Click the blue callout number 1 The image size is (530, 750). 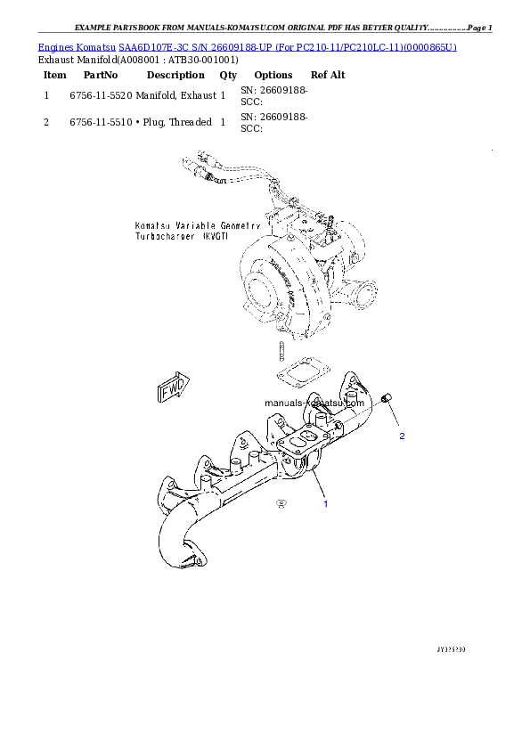325,504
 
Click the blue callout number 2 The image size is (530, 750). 402,436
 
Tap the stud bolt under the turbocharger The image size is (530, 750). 280,349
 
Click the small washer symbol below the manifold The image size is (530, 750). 281,503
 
